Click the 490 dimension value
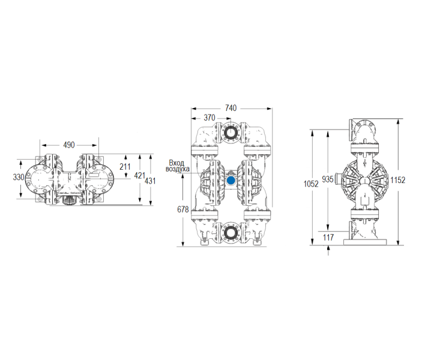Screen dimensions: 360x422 69,145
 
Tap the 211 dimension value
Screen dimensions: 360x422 125,166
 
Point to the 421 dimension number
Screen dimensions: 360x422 139,176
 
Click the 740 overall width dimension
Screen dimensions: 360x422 231,108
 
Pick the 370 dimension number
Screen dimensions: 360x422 209,118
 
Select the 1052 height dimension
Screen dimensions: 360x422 312,185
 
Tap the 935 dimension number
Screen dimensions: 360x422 328,179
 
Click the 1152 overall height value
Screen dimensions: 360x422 397,179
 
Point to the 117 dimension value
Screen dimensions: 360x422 328,238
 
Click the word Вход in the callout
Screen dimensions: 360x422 177,163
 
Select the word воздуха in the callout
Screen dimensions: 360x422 177,169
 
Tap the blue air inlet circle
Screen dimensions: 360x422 231,180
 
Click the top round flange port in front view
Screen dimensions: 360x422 231,133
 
